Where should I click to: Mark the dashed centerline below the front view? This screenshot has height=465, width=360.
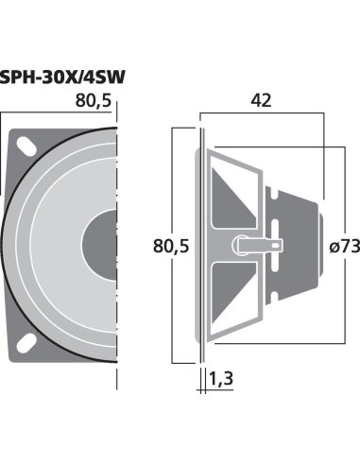[x=118, y=378]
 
